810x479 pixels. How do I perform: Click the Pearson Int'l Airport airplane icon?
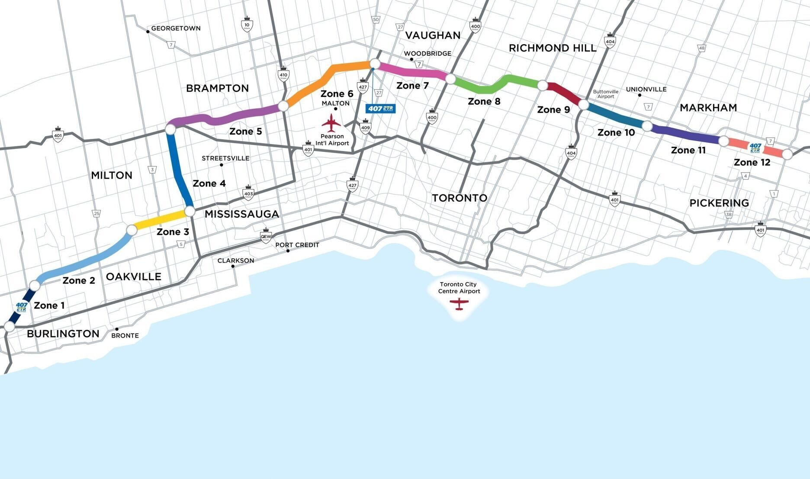pyautogui.click(x=331, y=123)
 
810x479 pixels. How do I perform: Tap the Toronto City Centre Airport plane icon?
pyautogui.click(x=459, y=303)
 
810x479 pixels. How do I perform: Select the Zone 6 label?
pyautogui.click(x=337, y=93)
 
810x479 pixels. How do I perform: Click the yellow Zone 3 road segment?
pyautogui.click(x=161, y=220)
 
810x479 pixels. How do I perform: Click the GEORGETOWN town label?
pyautogui.click(x=176, y=29)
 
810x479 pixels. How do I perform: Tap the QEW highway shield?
pyautogui.click(x=266, y=236)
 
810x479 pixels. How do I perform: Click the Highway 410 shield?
pyautogui.click(x=283, y=74)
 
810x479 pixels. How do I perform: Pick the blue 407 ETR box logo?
pyautogui.click(x=380, y=109)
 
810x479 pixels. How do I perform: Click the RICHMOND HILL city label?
pyautogui.click(x=553, y=48)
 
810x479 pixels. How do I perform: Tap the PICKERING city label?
pyautogui.click(x=719, y=203)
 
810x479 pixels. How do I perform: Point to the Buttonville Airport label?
pyautogui.click(x=605, y=94)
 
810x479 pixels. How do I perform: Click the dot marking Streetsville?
pyautogui.click(x=222, y=165)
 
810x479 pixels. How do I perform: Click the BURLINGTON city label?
pyautogui.click(x=63, y=334)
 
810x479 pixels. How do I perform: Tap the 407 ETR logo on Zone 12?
pyautogui.click(x=755, y=148)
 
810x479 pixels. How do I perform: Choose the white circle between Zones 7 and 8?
pyautogui.click(x=450, y=79)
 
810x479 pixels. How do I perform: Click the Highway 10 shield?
pyautogui.click(x=247, y=25)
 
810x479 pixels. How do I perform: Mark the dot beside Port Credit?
pyautogui.click(x=288, y=251)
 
